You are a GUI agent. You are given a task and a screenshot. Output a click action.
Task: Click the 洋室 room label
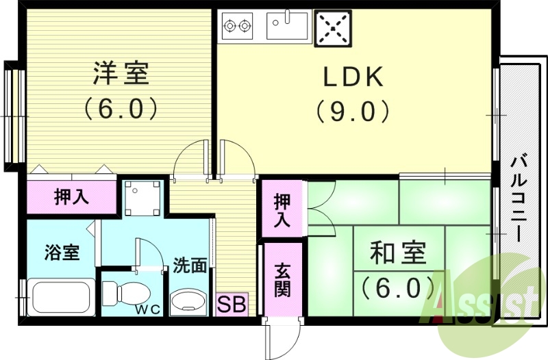point(121,73)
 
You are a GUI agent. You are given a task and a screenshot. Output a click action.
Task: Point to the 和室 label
point(398,254)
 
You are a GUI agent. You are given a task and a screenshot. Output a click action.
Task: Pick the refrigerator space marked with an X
point(332,28)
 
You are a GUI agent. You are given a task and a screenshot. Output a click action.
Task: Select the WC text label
point(147,309)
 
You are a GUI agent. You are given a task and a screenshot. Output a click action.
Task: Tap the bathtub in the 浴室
point(60,297)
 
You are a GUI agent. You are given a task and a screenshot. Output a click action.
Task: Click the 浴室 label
point(62,253)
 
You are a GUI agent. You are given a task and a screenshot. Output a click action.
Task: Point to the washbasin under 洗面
point(187,299)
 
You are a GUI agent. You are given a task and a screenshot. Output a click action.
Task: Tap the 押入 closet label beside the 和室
point(282,210)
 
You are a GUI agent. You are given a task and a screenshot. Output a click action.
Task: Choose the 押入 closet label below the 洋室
point(71,197)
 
